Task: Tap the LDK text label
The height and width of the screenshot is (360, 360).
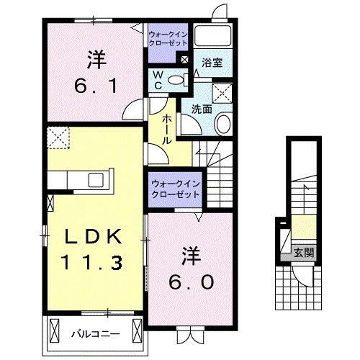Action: click(94, 238)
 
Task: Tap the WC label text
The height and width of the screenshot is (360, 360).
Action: click(156, 81)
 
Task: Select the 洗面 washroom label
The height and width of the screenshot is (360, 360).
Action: click(201, 109)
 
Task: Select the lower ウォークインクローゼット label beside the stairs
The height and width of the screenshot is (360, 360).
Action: click(176, 189)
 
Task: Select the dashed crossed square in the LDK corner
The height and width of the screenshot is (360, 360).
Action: click(56, 135)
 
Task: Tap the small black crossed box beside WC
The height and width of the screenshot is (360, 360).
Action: click(185, 60)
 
